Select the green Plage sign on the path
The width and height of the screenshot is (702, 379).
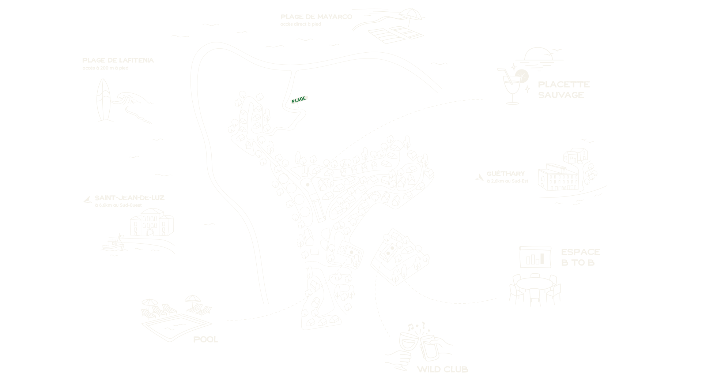pyautogui.click(x=298, y=99)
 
